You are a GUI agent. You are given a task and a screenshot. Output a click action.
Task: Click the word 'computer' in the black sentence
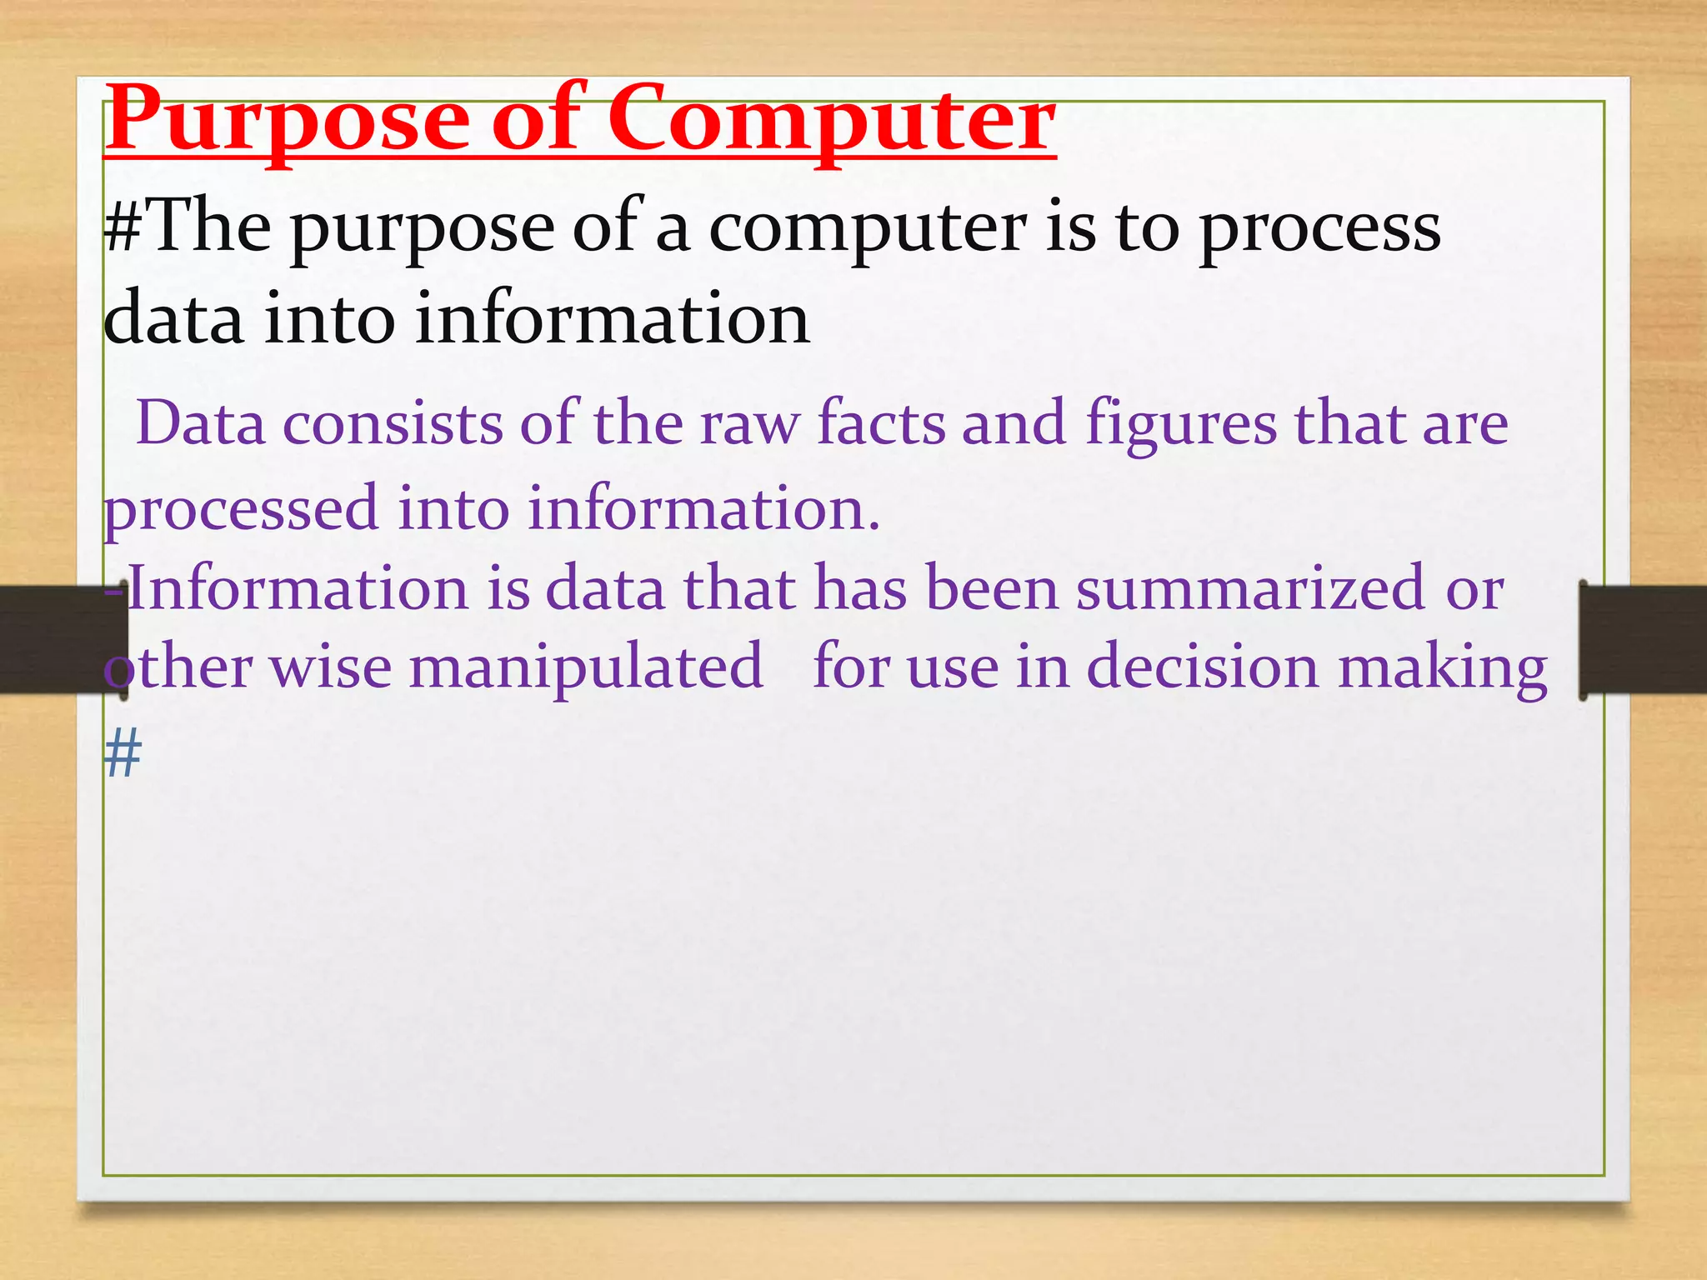click(867, 232)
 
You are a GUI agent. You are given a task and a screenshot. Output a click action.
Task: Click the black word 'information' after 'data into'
click(613, 320)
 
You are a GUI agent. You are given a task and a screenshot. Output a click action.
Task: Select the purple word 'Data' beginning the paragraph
click(200, 423)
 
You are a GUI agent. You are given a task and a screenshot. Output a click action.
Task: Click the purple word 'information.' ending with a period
click(704, 508)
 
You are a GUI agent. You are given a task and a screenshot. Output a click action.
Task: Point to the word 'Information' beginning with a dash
click(296, 588)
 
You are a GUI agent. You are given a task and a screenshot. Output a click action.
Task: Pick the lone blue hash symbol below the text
click(123, 752)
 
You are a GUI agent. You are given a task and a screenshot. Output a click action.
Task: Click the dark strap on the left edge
click(50, 639)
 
